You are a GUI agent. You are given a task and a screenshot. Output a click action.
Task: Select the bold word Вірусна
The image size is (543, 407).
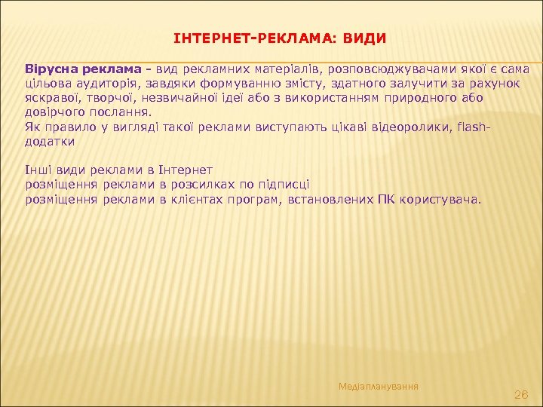(x=50, y=69)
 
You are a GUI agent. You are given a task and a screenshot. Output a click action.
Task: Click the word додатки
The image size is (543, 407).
(x=50, y=141)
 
